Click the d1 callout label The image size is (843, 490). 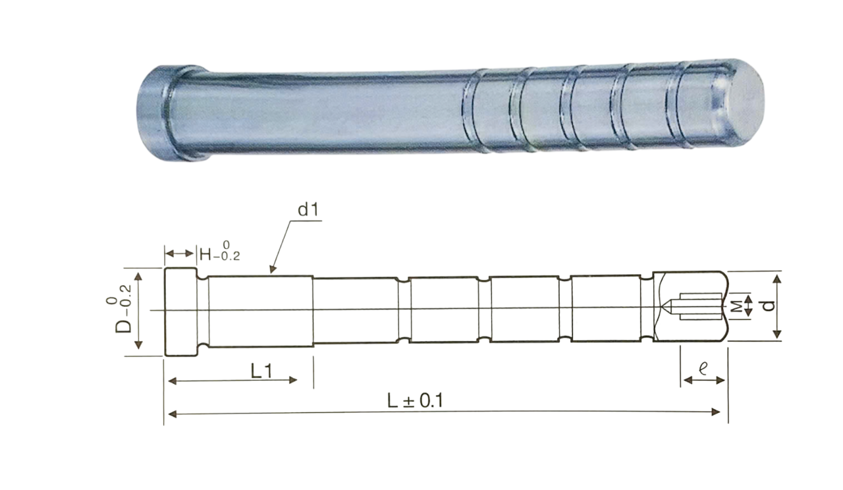(308, 211)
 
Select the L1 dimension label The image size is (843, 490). (261, 371)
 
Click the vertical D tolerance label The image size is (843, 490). (122, 312)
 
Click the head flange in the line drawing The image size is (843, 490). (180, 311)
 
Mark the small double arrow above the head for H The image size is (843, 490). (179, 254)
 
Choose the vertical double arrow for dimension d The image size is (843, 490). (778, 306)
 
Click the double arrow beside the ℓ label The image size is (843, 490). (704, 381)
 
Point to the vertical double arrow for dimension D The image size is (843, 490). (138, 311)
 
